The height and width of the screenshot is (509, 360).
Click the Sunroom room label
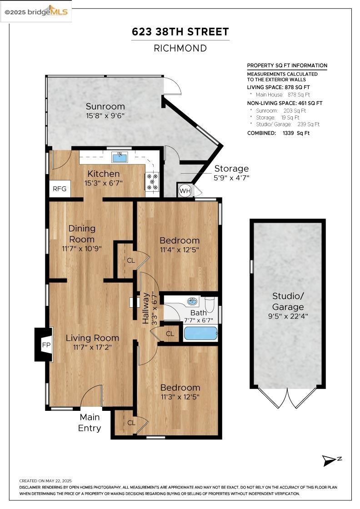click(x=105, y=106)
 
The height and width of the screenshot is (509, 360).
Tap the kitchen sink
click(x=120, y=157)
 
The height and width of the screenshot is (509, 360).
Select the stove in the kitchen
click(x=152, y=181)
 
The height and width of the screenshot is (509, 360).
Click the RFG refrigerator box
click(x=60, y=189)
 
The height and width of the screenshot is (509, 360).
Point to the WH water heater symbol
click(x=185, y=190)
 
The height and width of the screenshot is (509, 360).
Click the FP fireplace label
click(x=46, y=345)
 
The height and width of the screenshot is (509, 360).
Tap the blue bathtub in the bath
click(x=200, y=334)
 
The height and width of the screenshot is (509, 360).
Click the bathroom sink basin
click(x=193, y=302)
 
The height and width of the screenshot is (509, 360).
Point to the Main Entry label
click(x=90, y=422)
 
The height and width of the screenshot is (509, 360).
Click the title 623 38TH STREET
click(x=180, y=32)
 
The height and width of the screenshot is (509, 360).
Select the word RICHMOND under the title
click(x=180, y=48)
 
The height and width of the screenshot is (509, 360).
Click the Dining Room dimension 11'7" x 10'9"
click(x=82, y=249)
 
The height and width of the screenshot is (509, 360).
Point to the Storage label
click(x=231, y=169)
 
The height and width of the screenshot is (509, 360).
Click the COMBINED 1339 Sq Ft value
click(x=296, y=133)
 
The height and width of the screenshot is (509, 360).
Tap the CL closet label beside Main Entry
click(x=131, y=423)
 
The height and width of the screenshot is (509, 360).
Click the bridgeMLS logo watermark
click(x=36, y=12)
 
